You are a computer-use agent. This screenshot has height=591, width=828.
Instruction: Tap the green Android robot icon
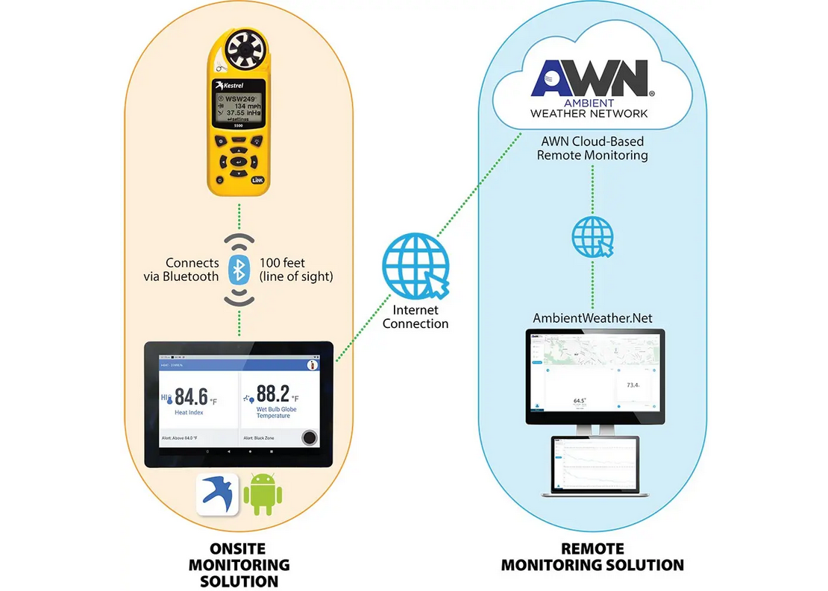(260, 493)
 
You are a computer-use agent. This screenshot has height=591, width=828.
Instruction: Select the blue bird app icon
(217, 493)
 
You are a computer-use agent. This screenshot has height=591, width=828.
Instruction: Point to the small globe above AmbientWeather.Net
(592, 236)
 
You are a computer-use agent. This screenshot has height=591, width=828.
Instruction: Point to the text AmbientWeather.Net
(592, 318)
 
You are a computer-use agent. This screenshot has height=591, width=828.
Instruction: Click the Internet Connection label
(415, 317)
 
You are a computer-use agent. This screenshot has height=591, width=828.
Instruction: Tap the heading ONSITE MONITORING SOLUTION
(239, 565)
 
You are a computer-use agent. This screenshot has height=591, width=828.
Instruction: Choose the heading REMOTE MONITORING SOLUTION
(592, 557)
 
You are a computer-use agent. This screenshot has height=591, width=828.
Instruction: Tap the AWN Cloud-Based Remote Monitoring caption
(592, 148)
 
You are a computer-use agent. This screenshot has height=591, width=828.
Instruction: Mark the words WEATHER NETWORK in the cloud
(589, 114)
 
